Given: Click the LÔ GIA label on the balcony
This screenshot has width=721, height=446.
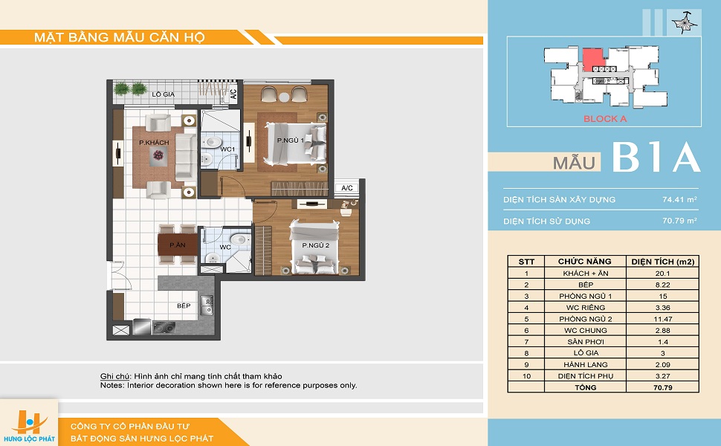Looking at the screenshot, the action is [164, 94].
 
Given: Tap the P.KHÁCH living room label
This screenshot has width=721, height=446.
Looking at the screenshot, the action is [154, 143].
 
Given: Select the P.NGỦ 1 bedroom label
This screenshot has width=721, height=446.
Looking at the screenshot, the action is [290, 140].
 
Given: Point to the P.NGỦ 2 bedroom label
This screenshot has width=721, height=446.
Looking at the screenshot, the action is [315, 245].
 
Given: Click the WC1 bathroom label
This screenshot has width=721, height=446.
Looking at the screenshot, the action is [227, 149].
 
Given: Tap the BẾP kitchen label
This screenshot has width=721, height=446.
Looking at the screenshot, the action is [184, 306].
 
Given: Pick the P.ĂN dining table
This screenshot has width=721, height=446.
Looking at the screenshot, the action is [178, 245].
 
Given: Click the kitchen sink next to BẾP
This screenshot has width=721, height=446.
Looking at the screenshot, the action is [207, 306].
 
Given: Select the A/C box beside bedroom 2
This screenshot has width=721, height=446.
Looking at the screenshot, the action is [347, 188].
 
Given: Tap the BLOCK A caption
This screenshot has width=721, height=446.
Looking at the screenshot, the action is [604, 119].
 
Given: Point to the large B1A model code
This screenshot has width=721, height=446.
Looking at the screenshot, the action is [656, 158].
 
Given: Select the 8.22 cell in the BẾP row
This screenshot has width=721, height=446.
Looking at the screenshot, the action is [662, 285].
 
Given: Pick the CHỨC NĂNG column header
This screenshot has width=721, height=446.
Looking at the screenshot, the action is [584, 261].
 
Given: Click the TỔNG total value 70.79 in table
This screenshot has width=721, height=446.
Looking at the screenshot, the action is [662, 387].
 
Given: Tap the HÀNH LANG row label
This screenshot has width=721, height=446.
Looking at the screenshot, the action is [586, 365].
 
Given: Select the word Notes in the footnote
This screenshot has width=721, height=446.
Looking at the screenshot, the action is [111, 385].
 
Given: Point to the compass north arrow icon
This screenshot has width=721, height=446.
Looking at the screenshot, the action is [684, 22].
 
